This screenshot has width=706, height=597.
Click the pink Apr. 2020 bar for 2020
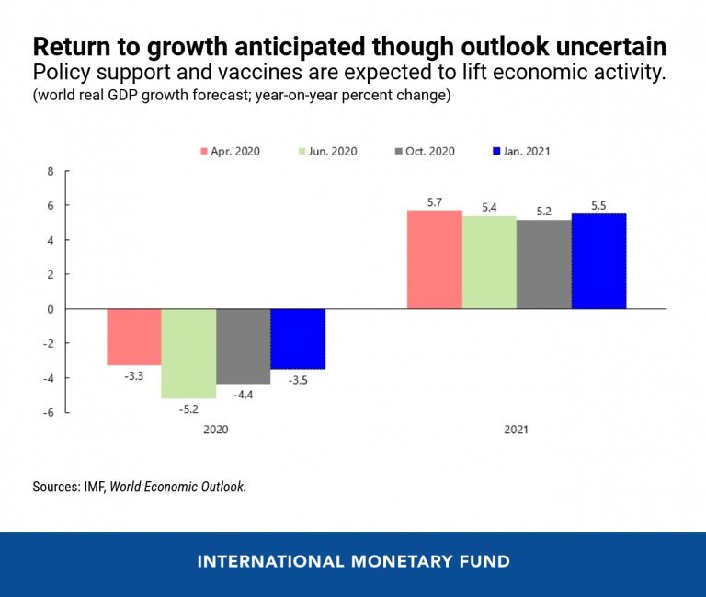(x=134, y=337)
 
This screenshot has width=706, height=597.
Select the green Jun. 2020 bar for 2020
(x=188, y=353)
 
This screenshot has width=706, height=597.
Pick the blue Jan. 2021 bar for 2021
(x=598, y=261)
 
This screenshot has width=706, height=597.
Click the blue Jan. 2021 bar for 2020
(x=298, y=339)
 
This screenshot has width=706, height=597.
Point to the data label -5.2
(x=188, y=408)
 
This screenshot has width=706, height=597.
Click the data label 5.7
(x=435, y=201)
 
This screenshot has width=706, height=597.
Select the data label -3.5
(x=298, y=379)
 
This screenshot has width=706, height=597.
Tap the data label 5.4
(x=489, y=207)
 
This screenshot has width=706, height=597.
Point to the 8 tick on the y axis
(x=51, y=172)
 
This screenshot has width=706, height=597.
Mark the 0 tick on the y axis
(x=51, y=310)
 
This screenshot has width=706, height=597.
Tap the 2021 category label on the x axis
(x=516, y=430)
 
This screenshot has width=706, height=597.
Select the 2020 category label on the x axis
(x=216, y=430)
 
